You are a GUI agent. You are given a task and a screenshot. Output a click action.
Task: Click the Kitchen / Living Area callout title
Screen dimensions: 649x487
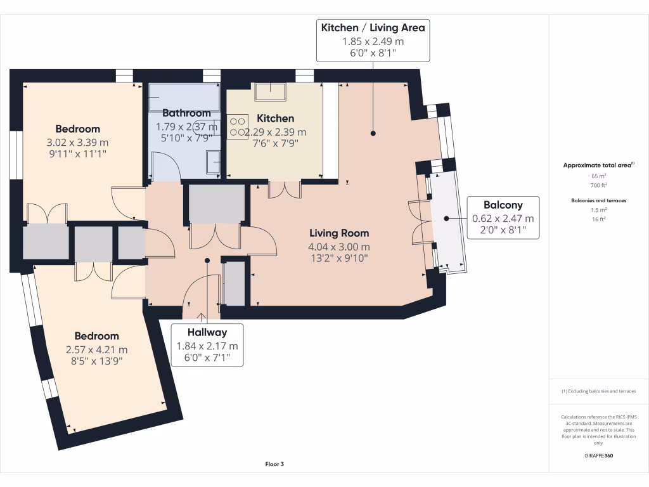(373, 28)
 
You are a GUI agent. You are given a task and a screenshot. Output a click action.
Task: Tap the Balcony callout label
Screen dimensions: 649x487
(503, 205)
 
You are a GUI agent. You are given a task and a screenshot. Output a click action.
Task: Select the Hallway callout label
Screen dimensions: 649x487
(207, 332)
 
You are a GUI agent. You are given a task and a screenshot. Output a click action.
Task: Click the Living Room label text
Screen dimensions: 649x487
(339, 233)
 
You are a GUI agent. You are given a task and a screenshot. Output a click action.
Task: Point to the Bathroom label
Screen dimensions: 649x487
(186, 113)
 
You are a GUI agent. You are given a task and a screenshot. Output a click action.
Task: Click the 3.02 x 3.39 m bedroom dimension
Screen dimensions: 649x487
(77, 143)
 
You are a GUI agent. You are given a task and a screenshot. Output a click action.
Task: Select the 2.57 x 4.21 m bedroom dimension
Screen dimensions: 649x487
(96, 349)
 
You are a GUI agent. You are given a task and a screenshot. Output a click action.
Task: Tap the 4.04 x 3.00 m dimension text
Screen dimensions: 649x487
(339, 247)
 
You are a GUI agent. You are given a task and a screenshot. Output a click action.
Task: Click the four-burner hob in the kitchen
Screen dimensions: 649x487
(237, 127)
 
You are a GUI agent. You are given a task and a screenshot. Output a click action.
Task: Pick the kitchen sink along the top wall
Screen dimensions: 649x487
(270, 92)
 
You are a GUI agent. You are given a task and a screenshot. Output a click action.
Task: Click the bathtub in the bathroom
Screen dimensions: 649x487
(184, 97)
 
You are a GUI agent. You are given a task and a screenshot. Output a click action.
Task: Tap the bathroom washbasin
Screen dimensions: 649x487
(213, 162)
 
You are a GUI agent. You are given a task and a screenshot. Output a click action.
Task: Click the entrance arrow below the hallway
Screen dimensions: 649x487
(201, 318)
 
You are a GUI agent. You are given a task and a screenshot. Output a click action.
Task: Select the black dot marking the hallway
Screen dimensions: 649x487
(207, 261)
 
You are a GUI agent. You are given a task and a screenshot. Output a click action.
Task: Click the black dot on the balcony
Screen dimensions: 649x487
(447, 218)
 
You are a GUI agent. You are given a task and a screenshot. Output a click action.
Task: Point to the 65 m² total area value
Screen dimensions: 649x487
(598, 176)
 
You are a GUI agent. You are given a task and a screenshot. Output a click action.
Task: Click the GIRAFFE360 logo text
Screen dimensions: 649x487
(598, 455)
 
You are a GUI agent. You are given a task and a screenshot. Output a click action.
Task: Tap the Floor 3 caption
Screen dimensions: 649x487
(274, 464)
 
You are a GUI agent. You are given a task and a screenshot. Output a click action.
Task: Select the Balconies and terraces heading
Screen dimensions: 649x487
(598, 200)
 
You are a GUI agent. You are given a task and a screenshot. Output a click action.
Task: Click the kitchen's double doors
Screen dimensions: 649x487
(285, 190)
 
